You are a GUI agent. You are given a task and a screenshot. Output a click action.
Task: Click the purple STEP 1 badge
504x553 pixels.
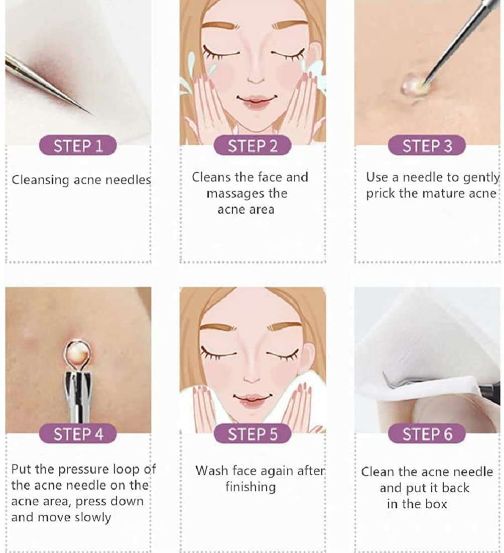pos(78,146)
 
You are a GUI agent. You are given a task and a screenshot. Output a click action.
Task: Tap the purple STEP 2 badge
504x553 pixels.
pos(253,146)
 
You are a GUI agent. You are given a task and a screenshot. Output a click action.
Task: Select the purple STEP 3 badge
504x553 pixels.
pos(427,146)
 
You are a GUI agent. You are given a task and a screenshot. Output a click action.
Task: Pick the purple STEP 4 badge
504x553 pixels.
pos(78,434)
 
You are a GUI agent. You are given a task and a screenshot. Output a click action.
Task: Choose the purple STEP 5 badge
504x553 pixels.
pos(253,434)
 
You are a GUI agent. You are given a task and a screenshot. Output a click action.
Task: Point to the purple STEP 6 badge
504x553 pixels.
pos(427,434)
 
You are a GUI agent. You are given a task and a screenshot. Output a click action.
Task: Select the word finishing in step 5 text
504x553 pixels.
pos(250,487)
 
